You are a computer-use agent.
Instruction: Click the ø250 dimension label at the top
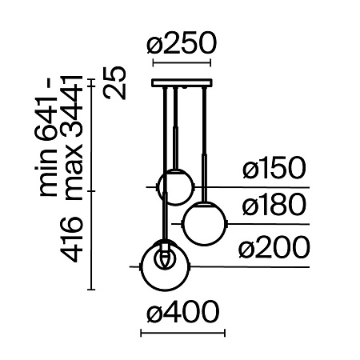[182, 46]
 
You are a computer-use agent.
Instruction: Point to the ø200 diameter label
[274, 249]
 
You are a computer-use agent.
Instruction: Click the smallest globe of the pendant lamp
[174, 186]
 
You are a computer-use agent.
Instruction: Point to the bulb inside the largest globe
[165, 258]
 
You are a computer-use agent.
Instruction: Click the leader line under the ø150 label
[256, 186]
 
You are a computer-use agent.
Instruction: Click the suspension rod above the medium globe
[206, 144]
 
